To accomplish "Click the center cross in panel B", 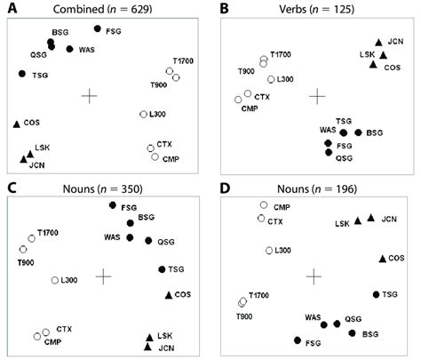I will point(317,94).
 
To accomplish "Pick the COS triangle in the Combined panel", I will point(17,123).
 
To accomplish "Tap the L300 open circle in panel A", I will point(144,114).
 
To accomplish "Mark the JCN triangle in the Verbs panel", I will point(379,42).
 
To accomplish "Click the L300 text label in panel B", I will point(286,79).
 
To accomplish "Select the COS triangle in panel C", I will point(168,294).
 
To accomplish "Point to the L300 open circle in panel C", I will point(55,280).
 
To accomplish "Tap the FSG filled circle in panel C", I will point(112,205).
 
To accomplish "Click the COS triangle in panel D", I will point(382,259).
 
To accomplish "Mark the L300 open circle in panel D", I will point(269,250).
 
